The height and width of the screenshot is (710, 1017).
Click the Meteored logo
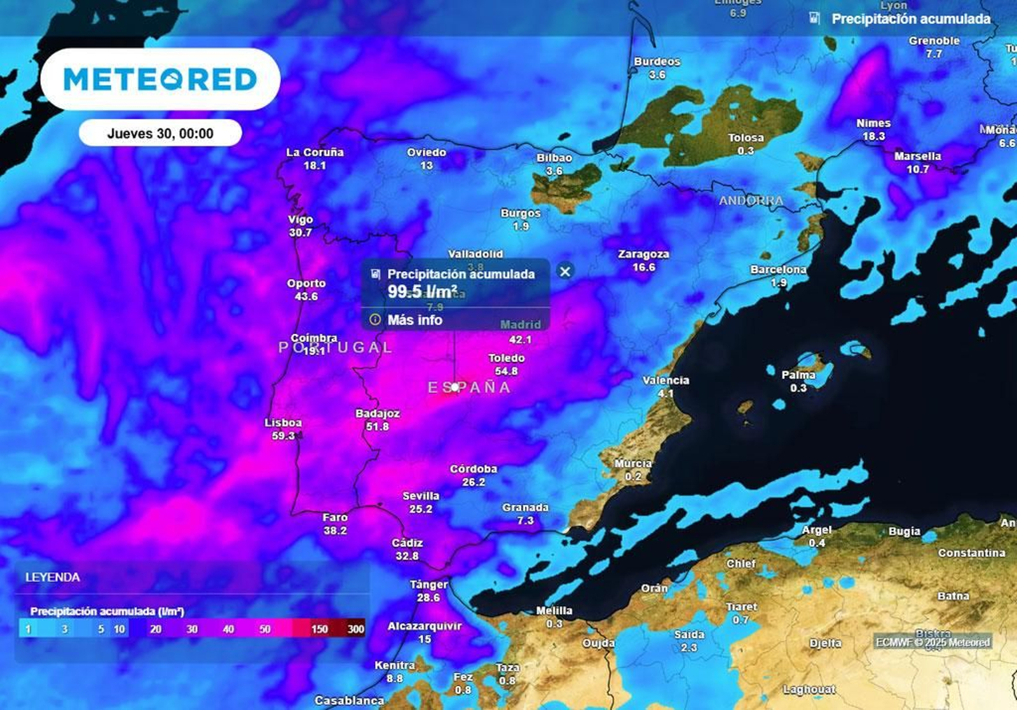(x=160, y=80)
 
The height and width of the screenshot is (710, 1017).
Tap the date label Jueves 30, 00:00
(x=160, y=134)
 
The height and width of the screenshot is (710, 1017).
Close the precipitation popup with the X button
(x=564, y=272)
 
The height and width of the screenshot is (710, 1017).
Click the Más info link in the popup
(x=414, y=320)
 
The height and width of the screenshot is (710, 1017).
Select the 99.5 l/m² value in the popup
(x=423, y=292)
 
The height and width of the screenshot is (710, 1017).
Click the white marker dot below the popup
(x=455, y=387)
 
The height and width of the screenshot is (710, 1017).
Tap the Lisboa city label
(x=283, y=423)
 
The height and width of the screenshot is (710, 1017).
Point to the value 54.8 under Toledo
(x=506, y=371)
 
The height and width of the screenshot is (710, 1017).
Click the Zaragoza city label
(x=643, y=254)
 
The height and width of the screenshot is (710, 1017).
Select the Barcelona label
(x=778, y=270)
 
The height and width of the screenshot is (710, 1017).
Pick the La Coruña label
(x=315, y=153)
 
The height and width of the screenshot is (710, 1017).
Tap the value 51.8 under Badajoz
(x=377, y=427)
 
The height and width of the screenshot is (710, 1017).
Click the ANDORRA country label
(x=751, y=201)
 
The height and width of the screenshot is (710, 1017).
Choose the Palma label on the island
(x=798, y=375)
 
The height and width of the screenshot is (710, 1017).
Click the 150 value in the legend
(x=319, y=629)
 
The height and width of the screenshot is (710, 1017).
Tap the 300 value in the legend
(x=356, y=629)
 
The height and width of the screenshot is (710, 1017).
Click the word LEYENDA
(x=53, y=578)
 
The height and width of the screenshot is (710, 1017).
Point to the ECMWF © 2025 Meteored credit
(x=932, y=643)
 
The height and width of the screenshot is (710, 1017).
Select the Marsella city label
(x=917, y=157)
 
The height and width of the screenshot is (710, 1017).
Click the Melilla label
(x=554, y=611)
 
